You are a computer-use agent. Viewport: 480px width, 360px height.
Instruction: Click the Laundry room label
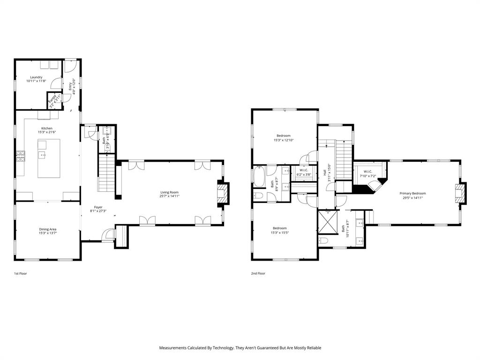(x=36, y=77)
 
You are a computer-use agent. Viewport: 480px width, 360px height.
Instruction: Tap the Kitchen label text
(x=46, y=128)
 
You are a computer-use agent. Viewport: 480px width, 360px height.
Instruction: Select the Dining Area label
(x=47, y=229)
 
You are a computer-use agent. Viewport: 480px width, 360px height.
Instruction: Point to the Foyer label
(x=98, y=207)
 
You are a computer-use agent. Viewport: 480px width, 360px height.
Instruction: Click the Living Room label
(x=169, y=192)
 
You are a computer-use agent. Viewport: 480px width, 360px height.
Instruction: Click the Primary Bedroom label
(x=412, y=193)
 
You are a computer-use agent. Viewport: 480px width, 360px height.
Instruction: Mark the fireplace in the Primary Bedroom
(x=461, y=193)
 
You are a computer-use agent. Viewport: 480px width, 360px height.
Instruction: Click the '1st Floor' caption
(x=21, y=273)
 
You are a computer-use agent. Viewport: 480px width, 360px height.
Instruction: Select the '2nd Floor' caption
(x=258, y=273)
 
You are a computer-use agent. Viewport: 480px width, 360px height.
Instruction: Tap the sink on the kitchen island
(x=43, y=154)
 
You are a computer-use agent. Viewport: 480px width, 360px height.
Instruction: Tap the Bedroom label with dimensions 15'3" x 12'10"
(x=284, y=136)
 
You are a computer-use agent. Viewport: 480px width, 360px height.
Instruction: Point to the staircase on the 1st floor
(x=106, y=173)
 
